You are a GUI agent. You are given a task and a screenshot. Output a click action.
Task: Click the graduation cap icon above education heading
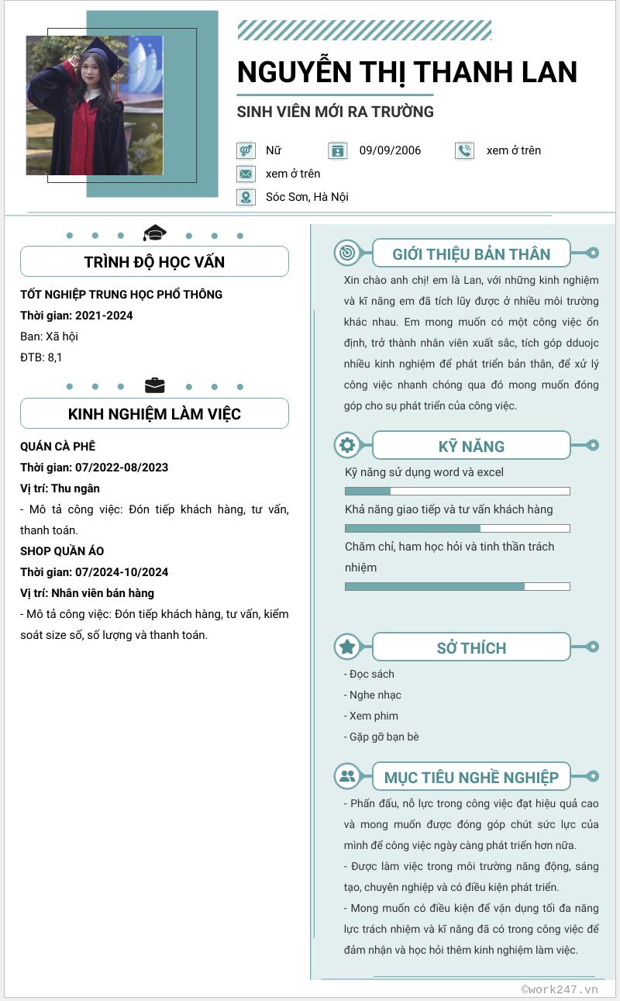(x=155, y=233)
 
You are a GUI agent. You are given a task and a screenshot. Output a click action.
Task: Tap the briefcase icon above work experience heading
(x=155, y=385)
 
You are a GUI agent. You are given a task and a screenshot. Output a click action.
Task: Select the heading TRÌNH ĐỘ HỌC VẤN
(x=154, y=262)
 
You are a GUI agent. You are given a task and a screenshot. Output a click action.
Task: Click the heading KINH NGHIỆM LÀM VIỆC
(x=154, y=414)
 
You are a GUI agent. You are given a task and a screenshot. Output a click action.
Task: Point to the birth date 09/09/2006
(x=390, y=150)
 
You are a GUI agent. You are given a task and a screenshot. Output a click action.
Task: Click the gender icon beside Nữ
(x=246, y=150)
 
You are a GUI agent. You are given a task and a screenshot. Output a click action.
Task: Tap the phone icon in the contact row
(x=464, y=150)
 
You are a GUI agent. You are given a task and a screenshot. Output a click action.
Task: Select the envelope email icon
(x=246, y=174)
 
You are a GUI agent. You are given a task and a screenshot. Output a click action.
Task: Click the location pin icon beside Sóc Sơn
(x=246, y=197)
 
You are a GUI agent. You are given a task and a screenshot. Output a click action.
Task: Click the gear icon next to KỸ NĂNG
(x=346, y=445)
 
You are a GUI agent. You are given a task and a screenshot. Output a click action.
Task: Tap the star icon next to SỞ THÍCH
(x=346, y=647)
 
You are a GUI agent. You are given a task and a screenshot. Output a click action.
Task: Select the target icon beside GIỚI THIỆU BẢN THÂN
(x=346, y=253)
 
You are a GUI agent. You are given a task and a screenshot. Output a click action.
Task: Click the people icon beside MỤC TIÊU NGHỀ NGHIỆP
(x=346, y=775)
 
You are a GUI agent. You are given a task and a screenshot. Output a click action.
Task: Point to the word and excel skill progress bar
(x=457, y=491)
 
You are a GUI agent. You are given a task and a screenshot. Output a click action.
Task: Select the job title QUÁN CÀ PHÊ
(x=58, y=447)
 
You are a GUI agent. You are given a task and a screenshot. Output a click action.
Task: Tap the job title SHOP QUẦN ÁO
(x=62, y=551)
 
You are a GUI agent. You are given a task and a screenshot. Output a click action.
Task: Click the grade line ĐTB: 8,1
(x=41, y=357)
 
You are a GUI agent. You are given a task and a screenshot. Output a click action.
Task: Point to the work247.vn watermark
(x=560, y=989)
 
